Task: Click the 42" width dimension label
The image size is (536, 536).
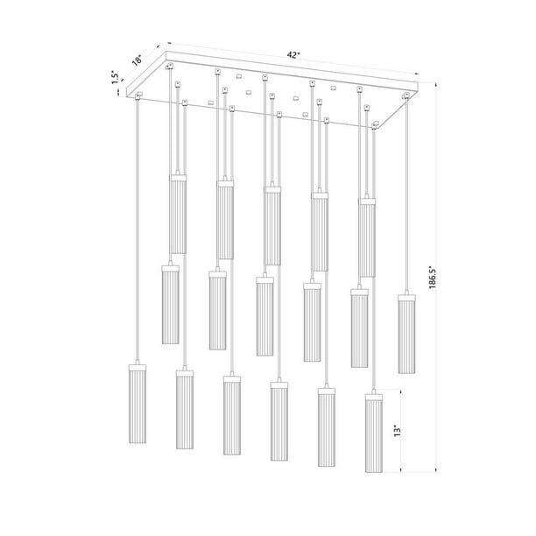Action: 294,54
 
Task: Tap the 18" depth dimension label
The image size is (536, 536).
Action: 137,60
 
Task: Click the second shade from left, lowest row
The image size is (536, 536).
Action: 185,412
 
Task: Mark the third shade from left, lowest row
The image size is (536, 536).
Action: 232,416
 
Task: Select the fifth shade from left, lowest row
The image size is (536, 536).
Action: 327,430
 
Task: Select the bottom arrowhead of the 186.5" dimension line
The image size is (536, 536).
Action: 435,470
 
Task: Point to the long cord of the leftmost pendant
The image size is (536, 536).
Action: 138,228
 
